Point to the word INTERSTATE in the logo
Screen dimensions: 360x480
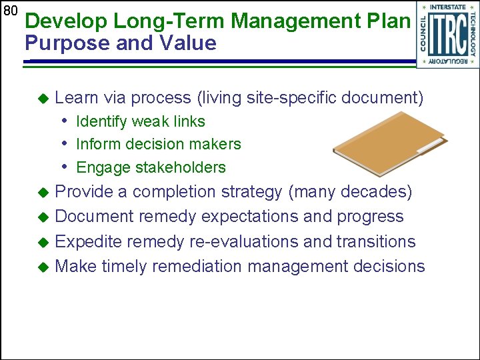[x=448, y=7]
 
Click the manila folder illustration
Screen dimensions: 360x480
[x=391, y=141]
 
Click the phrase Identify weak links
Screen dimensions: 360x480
[x=141, y=122]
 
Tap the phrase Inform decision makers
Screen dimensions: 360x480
[x=159, y=145]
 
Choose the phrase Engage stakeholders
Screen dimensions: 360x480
[x=151, y=167]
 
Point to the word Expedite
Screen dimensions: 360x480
[x=87, y=241]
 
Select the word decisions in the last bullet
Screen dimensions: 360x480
[x=389, y=267]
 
